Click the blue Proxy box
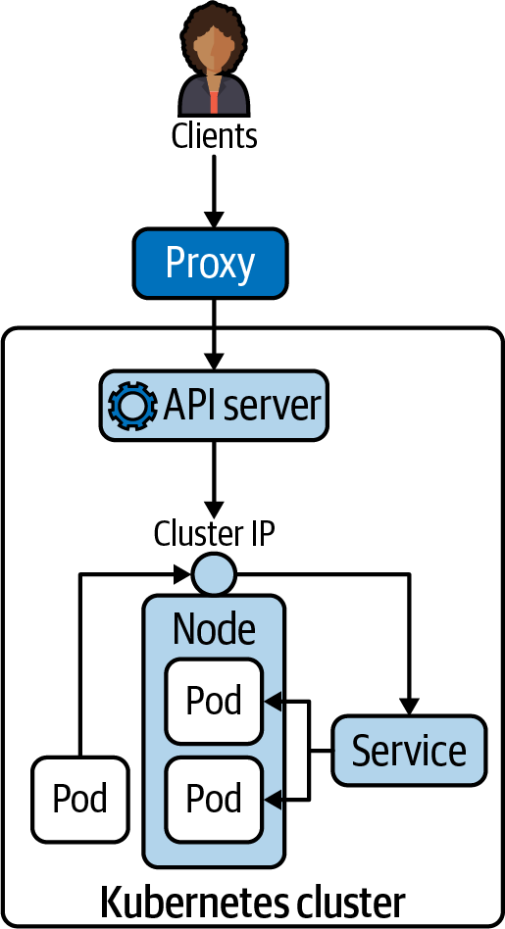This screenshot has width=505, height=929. click(x=211, y=263)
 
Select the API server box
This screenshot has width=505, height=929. click(x=214, y=404)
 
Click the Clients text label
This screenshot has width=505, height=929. click(x=214, y=135)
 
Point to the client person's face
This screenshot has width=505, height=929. click(x=215, y=49)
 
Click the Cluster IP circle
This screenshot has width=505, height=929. click(x=214, y=574)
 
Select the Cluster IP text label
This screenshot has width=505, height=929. click(x=214, y=534)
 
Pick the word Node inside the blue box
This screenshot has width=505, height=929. click(x=214, y=628)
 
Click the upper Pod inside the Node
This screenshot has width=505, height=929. click(x=214, y=701)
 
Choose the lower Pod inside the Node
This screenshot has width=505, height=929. click(x=214, y=799)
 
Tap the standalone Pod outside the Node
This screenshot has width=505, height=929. click(x=80, y=799)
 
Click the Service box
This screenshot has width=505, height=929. click(x=409, y=751)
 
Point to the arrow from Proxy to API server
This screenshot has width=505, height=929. click(x=214, y=333)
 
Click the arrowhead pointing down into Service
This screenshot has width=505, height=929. click(x=410, y=707)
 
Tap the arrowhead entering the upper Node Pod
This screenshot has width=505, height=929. click(x=274, y=702)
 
